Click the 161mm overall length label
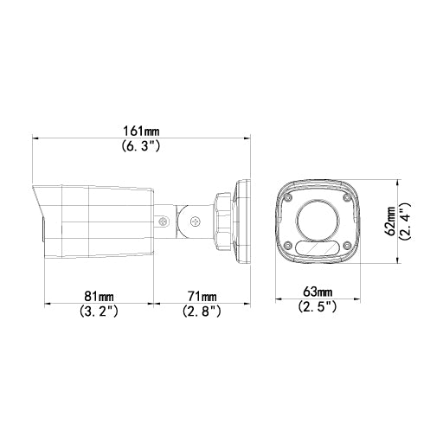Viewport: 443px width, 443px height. tap(142, 131)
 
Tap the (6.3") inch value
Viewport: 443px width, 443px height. tap(142, 147)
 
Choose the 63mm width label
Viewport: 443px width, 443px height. tap(318, 291)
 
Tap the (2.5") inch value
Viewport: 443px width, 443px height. tap(318, 306)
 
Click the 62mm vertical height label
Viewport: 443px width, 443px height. tap(390, 221)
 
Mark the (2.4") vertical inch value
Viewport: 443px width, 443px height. tap(404, 221)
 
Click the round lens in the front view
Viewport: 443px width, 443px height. tap(317, 221)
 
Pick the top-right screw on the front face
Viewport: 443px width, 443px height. tap(348, 197)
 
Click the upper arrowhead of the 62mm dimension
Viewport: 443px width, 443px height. tap(395, 182)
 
